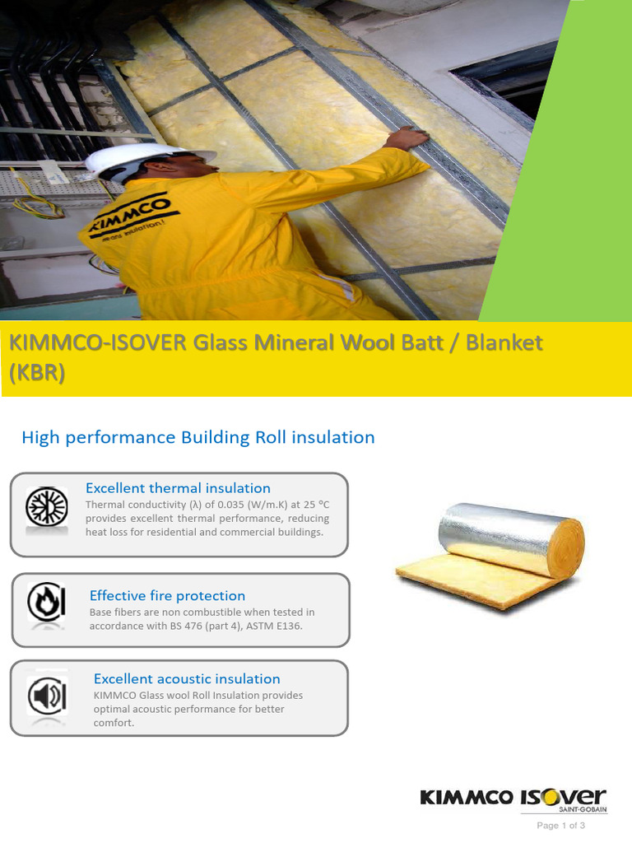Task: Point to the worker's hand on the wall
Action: (x=407, y=137)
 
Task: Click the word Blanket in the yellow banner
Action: (x=504, y=342)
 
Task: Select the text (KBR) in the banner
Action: (x=36, y=372)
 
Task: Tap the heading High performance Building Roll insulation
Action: (x=197, y=437)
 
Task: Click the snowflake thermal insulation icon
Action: (x=46, y=507)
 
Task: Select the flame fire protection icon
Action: (x=46, y=603)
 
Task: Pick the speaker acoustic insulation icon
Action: (x=46, y=697)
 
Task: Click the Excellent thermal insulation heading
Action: (x=178, y=488)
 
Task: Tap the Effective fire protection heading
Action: (x=167, y=595)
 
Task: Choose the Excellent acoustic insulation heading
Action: (x=187, y=678)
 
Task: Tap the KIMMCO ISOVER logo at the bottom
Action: (x=513, y=797)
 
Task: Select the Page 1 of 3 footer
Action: (x=560, y=825)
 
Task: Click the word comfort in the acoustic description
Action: (x=114, y=723)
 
